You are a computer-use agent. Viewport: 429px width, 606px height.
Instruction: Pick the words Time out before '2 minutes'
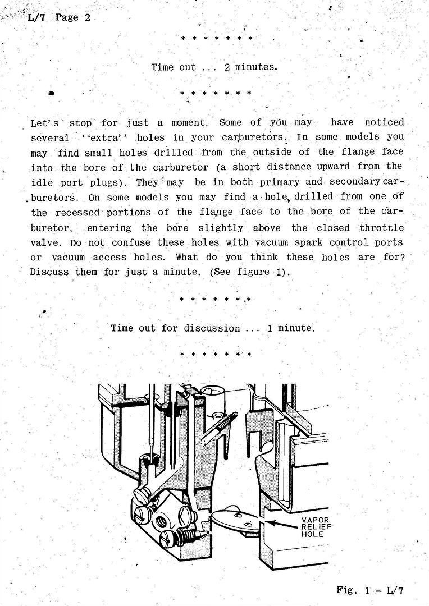(x=174, y=67)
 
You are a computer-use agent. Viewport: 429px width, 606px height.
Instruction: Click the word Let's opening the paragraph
(x=46, y=122)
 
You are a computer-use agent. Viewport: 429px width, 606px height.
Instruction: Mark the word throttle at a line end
(x=381, y=228)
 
